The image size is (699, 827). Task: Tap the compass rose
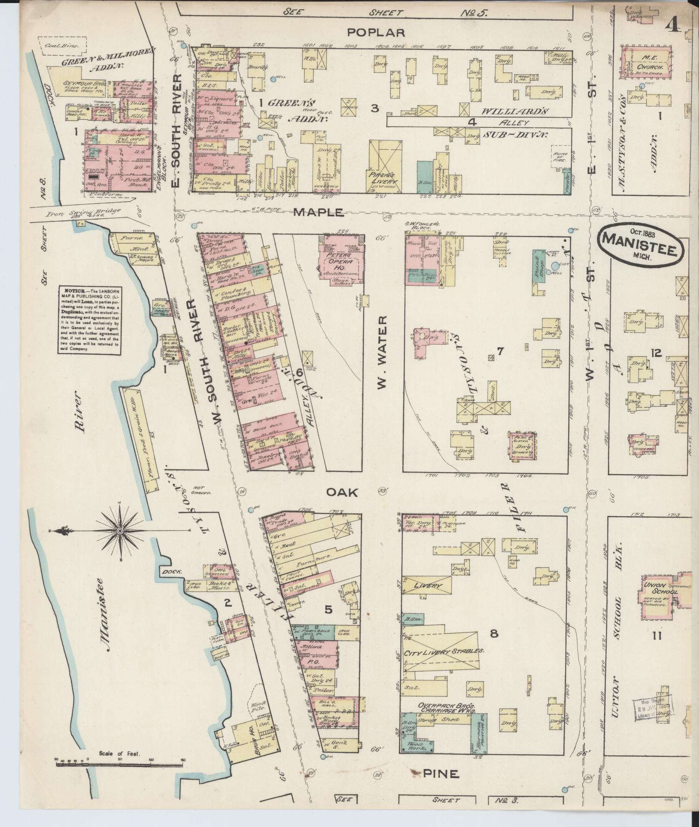[x=121, y=531]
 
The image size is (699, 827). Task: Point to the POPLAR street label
[x=376, y=32]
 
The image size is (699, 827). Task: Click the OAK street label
[x=342, y=493]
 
